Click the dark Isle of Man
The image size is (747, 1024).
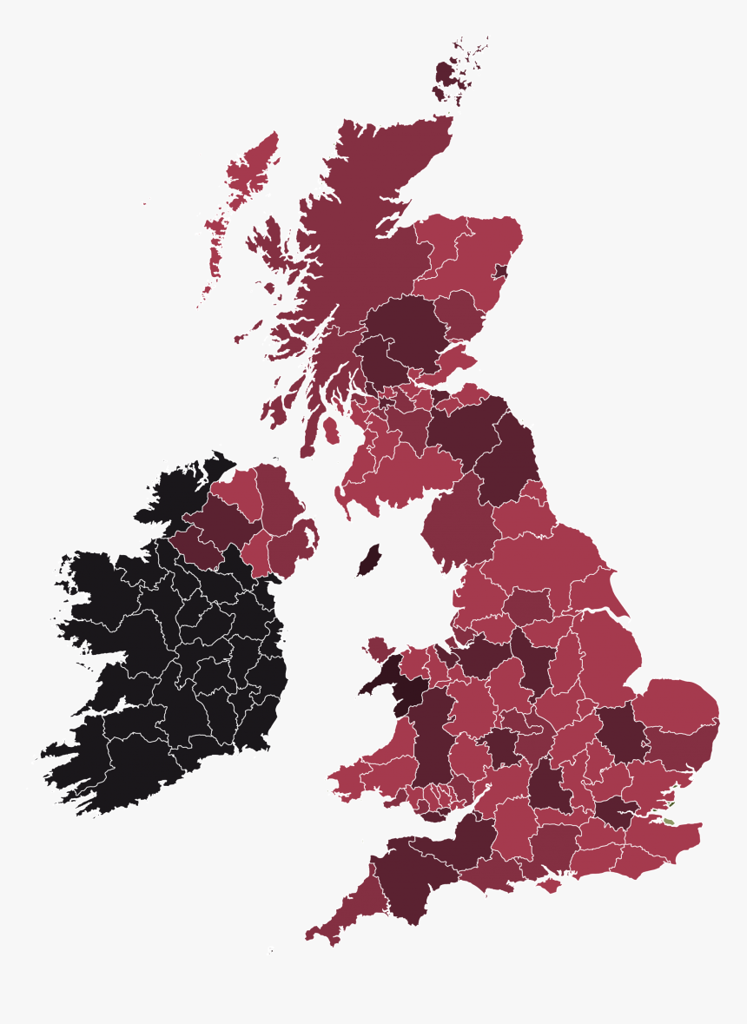tap(368, 560)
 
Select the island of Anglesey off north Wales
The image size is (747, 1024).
tap(380, 648)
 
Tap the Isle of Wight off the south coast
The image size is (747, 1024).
tap(551, 885)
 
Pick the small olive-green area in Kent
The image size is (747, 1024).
tap(668, 820)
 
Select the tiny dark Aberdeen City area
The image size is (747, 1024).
tap(500, 271)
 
